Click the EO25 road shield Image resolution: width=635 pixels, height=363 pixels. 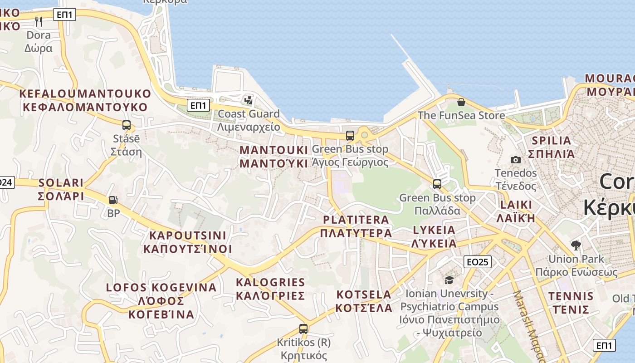tap(478, 262)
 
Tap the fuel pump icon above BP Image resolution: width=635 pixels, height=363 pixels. tap(113, 200)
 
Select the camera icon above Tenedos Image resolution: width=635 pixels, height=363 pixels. tap(515, 160)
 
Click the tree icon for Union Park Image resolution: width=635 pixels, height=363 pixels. tap(576, 245)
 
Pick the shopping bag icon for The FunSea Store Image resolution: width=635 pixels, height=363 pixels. tap(461, 102)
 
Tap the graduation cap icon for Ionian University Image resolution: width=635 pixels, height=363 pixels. tap(449, 280)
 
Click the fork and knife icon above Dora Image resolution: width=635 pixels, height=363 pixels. tap(39, 21)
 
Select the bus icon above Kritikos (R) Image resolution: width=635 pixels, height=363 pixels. tap(303, 329)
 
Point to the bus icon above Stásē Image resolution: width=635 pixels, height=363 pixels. tap(126, 125)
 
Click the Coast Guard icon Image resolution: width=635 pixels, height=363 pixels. tap(248, 100)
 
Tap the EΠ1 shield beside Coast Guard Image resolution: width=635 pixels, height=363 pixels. tap(198, 106)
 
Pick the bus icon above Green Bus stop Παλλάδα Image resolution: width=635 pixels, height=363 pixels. tap(437, 184)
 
